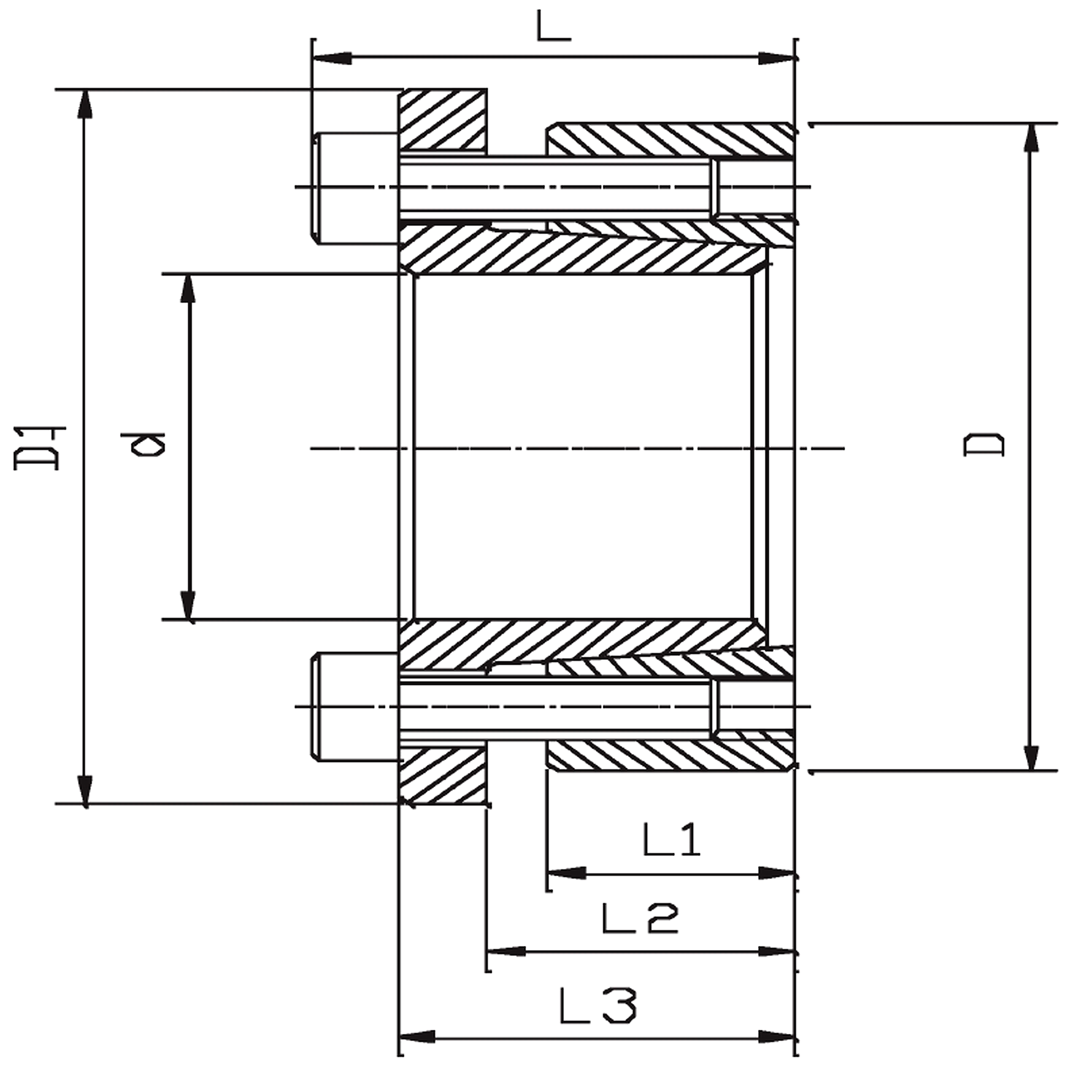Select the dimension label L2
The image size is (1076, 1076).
[x=641, y=919]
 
